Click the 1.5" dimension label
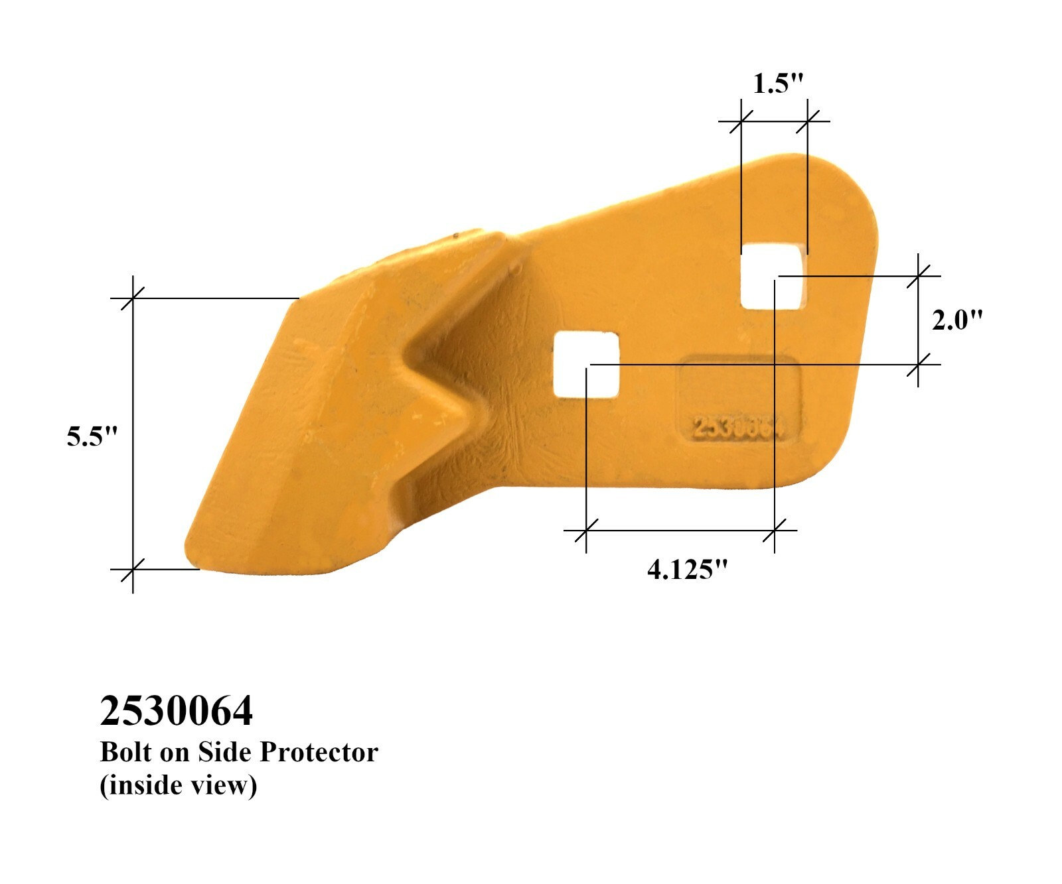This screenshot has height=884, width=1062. [778, 84]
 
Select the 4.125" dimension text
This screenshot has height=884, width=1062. [687, 569]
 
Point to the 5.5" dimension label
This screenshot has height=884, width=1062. [92, 436]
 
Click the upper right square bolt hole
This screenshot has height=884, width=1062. [774, 277]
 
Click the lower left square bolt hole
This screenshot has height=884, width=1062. [586, 365]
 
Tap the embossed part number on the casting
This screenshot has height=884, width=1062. [738, 427]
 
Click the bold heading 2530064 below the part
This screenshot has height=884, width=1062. [176, 711]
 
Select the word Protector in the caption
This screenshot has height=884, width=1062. [319, 752]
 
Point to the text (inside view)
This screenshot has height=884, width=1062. [178, 785]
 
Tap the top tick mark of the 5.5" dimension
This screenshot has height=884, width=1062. [133, 298]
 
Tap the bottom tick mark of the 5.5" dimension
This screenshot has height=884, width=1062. [133, 569]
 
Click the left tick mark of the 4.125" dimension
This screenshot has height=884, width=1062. [586, 531]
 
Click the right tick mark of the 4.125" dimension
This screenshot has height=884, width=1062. [775, 531]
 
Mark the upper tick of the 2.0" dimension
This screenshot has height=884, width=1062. [918, 275]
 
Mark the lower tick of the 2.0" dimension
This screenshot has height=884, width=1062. [918, 364]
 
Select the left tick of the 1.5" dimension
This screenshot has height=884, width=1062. [741, 121]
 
